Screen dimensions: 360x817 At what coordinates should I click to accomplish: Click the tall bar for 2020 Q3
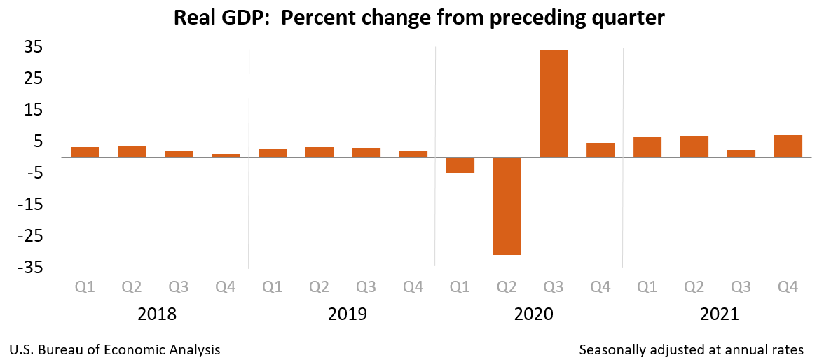coord(553,104)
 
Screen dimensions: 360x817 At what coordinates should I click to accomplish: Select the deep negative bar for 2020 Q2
coord(506,206)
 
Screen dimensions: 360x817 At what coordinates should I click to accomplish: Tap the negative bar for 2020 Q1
coord(460,165)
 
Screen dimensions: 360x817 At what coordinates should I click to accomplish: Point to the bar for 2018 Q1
coord(85,152)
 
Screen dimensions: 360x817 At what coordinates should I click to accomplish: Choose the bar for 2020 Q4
coord(600,150)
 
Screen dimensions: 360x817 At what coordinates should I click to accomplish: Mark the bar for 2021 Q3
coord(741,153)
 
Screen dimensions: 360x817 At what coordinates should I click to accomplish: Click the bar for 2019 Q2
coord(319,152)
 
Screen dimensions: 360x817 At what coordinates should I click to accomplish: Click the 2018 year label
coord(157,314)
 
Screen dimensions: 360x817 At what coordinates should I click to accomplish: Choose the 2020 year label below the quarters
coord(533,314)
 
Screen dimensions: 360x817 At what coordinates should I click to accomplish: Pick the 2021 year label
coord(720,314)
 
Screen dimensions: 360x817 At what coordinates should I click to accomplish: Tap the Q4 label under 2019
coord(413,286)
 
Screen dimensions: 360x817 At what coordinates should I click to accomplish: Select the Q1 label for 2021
coord(647,286)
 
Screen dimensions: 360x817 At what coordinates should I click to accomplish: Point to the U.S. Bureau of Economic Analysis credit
coord(115,349)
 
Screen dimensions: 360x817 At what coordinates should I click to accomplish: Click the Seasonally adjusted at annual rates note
coord(692,349)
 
